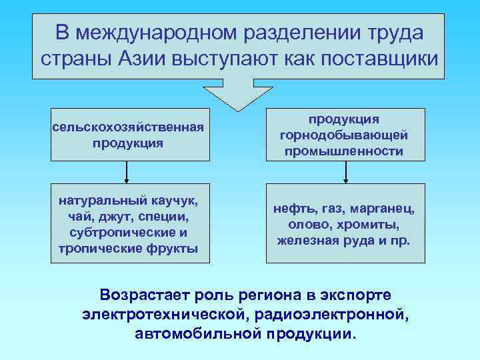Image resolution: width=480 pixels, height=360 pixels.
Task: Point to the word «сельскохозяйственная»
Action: click(x=127, y=127)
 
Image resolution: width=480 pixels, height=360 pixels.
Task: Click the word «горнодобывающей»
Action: click(x=344, y=135)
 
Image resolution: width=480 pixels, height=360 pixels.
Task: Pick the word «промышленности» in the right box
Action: click(x=344, y=151)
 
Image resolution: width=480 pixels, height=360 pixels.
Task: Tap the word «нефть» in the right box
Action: click(x=291, y=209)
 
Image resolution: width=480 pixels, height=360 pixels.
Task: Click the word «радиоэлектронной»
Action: click(x=351, y=313)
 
